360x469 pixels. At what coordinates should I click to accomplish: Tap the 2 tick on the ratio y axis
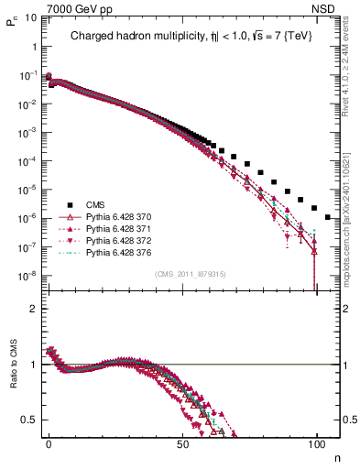[31, 309]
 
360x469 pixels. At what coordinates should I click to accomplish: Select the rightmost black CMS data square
[328, 217]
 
